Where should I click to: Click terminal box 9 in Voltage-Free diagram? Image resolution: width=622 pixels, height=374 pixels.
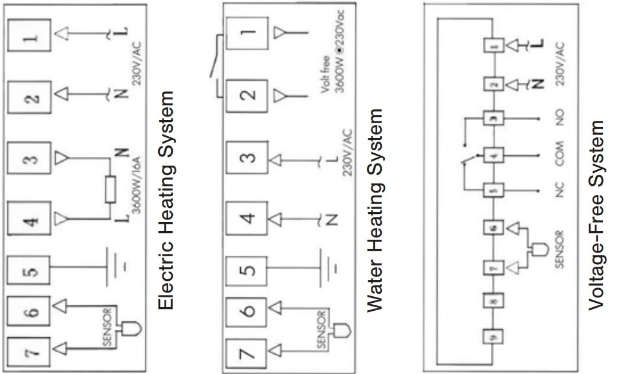[494, 336]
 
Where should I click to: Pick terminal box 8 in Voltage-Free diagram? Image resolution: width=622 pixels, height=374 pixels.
[494, 300]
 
